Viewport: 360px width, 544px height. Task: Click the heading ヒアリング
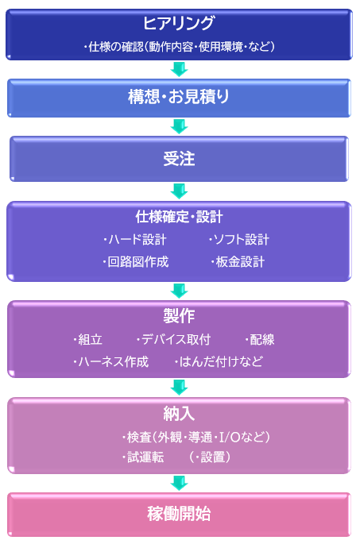coord(179,23)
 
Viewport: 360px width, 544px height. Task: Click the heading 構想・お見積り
coord(179,96)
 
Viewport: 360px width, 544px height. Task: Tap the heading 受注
coord(179,159)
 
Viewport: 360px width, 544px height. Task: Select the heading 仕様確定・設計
coord(179,217)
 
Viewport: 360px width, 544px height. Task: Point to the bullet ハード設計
coord(135,239)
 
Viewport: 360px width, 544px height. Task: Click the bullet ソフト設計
coord(238,239)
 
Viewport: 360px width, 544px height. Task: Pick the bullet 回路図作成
coord(135,261)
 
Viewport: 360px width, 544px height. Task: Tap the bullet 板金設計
coord(238,261)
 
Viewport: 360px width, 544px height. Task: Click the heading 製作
coord(179,316)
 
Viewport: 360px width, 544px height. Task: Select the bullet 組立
coord(88,339)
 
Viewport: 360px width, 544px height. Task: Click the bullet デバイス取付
coord(173,339)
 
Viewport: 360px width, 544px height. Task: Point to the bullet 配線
coord(259,339)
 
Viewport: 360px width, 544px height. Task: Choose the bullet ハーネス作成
coord(110,362)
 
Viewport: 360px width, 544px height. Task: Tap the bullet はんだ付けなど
coord(219,362)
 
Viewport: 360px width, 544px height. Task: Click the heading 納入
coord(179,413)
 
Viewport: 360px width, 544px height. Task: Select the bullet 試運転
coord(143,457)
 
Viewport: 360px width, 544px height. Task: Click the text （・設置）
coord(210,457)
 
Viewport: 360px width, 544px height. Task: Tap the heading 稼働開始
coord(179,514)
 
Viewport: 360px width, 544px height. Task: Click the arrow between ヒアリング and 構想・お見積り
coord(179,69)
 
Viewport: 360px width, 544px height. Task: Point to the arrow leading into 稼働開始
coord(179,483)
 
